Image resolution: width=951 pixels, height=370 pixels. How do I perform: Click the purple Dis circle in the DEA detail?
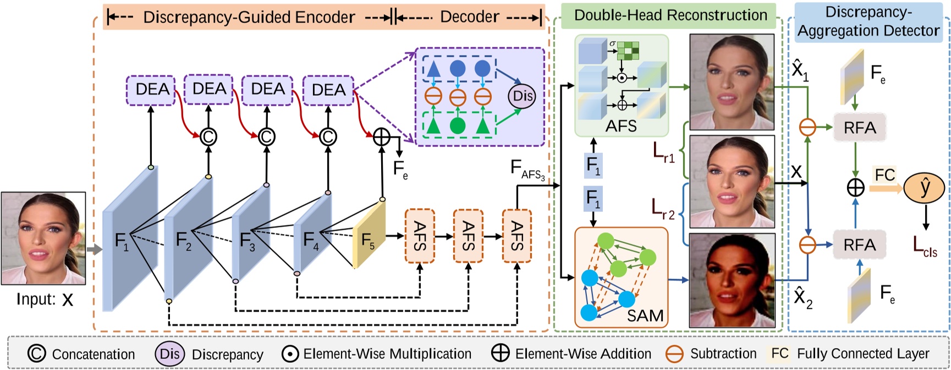pyautogui.click(x=521, y=96)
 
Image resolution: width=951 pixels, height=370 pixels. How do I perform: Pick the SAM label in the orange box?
pyautogui.click(x=645, y=315)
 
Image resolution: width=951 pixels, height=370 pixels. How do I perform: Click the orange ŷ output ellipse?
pyautogui.click(x=924, y=188)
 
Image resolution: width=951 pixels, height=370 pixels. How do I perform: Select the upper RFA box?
pyautogui.click(x=860, y=128)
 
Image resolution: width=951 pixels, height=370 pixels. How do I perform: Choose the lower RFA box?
pyautogui.click(x=859, y=244)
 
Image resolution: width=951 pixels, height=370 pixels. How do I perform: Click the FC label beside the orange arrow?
pyautogui.click(x=884, y=175)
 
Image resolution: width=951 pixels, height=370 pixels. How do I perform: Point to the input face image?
pyautogui.click(x=43, y=238)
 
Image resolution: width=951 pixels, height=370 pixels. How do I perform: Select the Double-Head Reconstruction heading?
pyautogui.click(x=670, y=15)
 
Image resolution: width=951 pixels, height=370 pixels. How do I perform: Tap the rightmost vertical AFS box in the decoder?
pyautogui.click(x=516, y=236)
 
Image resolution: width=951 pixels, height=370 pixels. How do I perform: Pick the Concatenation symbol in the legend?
pyautogui.click(x=36, y=353)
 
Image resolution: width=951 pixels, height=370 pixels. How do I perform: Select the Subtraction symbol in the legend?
pyautogui.click(x=674, y=354)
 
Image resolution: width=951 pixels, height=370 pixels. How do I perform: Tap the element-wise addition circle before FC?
pyautogui.click(x=855, y=188)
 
